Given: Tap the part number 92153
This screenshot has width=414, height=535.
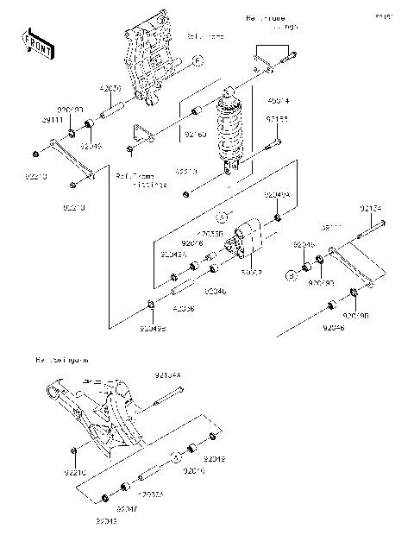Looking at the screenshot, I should tap(277, 120).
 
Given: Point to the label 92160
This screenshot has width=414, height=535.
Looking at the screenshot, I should tap(196, 135).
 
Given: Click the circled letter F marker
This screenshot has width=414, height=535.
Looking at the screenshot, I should tap(197, 60).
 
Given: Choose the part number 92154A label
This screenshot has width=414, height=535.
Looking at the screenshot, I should tap(167, 374).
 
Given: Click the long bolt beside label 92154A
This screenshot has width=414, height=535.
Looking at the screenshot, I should tap(167, 396).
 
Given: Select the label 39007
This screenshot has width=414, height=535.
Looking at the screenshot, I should tap(251, 272).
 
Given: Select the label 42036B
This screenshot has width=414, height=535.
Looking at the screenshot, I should tap(210, 233).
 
